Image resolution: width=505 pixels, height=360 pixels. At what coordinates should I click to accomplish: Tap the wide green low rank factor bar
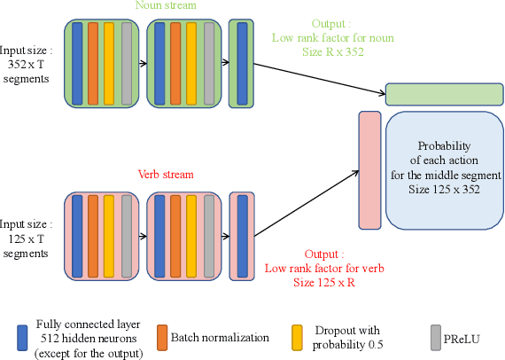tap(444, 95)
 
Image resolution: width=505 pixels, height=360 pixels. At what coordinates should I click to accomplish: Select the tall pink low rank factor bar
tap(369, 168)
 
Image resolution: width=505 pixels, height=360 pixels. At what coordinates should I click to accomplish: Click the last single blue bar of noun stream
tap(242, 63)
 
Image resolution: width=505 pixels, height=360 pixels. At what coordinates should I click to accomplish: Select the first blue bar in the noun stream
tap(78, 63)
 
